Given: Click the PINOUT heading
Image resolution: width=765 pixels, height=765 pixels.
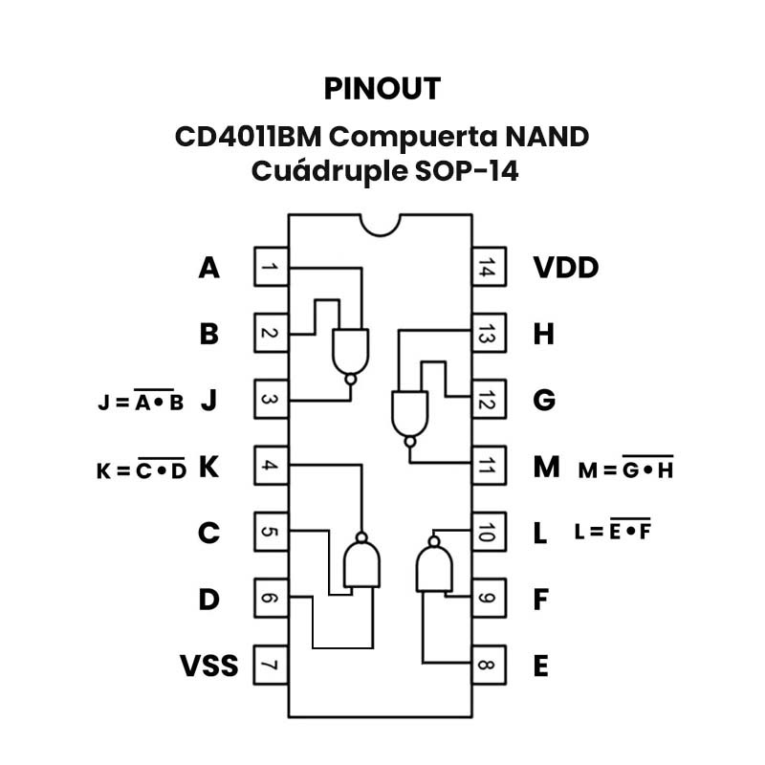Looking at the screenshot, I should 382,88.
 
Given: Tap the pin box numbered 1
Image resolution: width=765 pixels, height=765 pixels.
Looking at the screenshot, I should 271,268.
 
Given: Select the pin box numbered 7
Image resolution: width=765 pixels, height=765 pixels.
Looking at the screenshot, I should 271,666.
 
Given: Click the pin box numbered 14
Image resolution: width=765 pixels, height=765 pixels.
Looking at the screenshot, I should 487,268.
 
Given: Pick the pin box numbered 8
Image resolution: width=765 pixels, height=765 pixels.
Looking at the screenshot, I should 487,666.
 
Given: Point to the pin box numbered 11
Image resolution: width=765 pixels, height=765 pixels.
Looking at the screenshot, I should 487,467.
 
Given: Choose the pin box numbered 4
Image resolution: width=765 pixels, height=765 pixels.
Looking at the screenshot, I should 271,467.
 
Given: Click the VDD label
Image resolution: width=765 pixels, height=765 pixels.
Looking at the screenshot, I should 565,268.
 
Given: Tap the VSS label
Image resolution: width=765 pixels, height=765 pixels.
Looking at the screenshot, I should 208,666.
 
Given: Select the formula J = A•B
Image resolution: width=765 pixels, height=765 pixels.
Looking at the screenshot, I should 141,403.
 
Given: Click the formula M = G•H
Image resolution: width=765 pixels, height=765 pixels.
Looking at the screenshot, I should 625,470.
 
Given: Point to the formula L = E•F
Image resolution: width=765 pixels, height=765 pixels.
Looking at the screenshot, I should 612,531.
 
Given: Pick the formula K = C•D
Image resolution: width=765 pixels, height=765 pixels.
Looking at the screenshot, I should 141,470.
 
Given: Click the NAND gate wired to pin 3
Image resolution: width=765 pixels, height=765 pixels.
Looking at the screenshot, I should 350,352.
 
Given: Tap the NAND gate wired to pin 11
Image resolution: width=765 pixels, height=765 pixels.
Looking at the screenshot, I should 410,413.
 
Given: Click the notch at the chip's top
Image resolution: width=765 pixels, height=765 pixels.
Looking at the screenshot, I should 381,224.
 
